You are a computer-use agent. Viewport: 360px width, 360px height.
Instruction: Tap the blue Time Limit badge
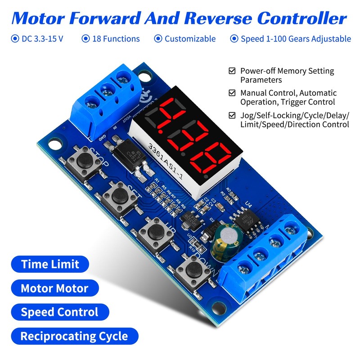pos(50,264)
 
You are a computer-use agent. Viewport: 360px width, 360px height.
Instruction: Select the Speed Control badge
pos(59,312)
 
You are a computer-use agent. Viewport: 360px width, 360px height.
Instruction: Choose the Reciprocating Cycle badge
pos(74,336)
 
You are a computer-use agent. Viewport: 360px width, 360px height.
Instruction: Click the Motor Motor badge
pos(54,288)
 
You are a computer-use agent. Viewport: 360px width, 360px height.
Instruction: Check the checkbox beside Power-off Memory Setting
pos(232,71)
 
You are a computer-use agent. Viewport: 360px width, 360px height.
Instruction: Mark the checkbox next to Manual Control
pos(232,93)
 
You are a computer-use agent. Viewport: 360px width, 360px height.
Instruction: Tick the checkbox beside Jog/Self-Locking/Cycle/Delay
pos(232,115)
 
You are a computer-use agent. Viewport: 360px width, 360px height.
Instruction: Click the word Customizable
pos(190,39)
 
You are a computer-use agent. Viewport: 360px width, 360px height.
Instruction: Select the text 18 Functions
pos(116,39)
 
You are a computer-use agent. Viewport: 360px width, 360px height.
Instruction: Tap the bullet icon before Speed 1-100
pos(234,39)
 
